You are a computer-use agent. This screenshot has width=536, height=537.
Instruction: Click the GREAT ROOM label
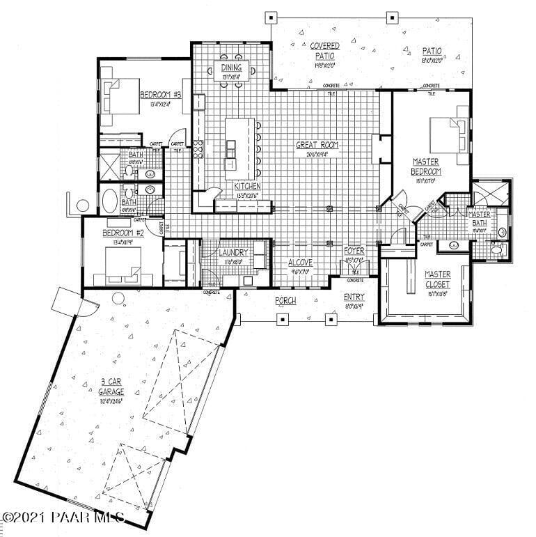point(317,145)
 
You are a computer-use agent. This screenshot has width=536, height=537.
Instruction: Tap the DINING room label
point(232,68)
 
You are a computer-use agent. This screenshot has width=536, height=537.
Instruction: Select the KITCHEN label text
point(247,187)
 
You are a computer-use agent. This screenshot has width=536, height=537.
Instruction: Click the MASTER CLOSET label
point(437,279)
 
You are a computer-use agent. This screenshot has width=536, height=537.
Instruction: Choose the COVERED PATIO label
point(324,51)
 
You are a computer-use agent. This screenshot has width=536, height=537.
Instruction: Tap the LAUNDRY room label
point(233,252)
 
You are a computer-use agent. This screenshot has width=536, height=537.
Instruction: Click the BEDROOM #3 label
point(161,95)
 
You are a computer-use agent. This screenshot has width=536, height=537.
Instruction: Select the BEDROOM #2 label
point(123,233)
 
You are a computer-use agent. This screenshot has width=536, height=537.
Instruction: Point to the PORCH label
point(285,301)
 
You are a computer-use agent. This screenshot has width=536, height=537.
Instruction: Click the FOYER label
point(354,251)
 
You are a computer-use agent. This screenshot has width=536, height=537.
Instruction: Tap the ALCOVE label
point(301,263)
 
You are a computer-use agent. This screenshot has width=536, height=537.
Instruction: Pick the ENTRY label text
point(354,297)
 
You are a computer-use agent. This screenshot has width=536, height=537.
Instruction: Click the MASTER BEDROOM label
point(425,166)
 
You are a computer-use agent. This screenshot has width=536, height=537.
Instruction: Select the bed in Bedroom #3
point(120,98)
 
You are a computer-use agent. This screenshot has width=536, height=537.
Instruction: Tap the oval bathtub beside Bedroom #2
point(110,201)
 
